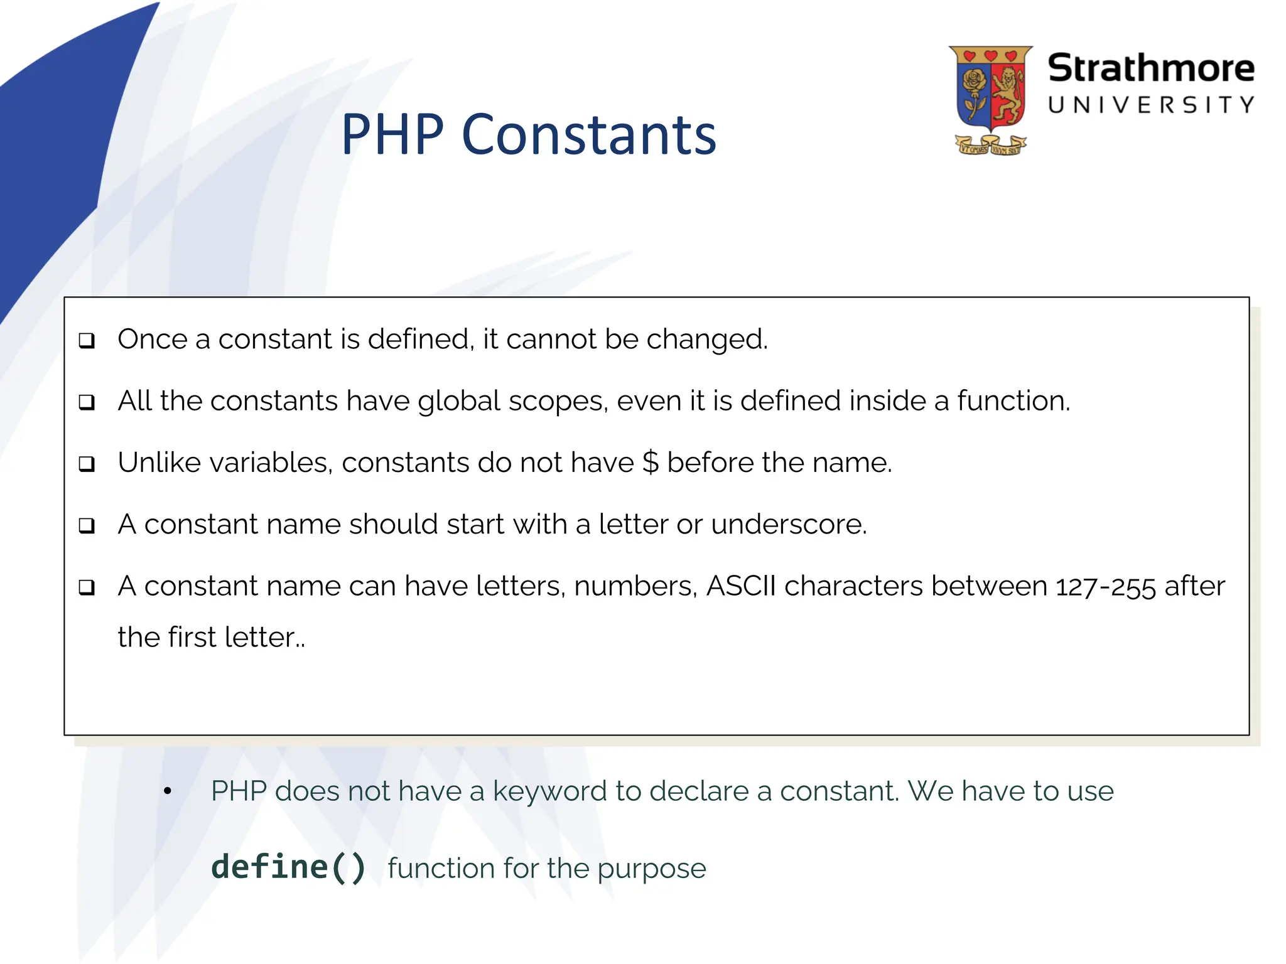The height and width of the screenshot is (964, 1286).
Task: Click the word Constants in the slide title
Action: [x=588, y=135]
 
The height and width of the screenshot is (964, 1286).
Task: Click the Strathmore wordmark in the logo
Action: [x=1150, y=68]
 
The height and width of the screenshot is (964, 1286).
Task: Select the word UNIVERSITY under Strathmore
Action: [x=1150, y=105]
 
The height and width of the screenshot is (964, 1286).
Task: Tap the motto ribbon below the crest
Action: [x=990, y=146]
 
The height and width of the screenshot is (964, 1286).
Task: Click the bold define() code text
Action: [x=288, y=867]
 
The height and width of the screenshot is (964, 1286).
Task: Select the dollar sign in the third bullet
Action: [x=651, y=463]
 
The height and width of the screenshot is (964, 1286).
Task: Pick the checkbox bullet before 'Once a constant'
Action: [x=87, y=341]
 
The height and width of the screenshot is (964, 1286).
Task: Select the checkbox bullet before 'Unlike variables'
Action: [x=87, y=464]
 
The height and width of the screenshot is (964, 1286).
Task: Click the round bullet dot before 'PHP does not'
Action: [x=167, y=791]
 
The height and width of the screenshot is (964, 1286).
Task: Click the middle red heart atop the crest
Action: [x=990, y=56]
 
